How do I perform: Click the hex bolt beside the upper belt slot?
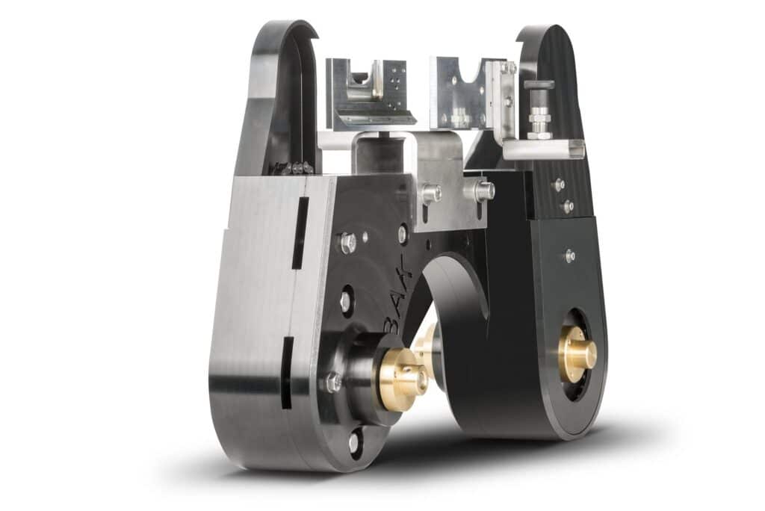[347, 243]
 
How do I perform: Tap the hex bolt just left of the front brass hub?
[333, 383]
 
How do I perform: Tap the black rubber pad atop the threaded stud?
[539, 84]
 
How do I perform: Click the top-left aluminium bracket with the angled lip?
[369, 93]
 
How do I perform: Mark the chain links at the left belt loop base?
[292, 169]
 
